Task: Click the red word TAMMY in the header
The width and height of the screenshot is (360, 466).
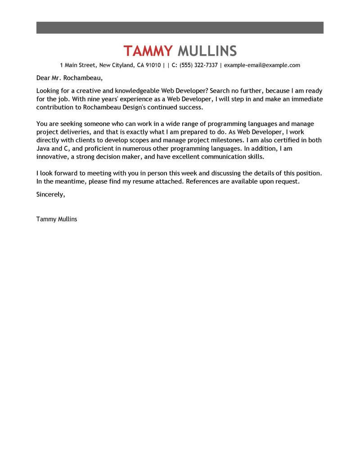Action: tap(148, 51)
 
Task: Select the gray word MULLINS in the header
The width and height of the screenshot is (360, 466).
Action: tap(207, 51)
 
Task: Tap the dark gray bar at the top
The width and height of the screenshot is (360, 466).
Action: tap(180, 27)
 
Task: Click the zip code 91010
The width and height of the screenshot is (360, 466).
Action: tap(153, 65)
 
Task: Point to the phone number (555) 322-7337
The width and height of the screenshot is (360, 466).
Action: tap(198, 65)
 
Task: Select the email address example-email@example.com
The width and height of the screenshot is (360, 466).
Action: tap(262, 65)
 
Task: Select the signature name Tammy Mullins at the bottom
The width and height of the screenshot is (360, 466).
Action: tap(57, 219)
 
